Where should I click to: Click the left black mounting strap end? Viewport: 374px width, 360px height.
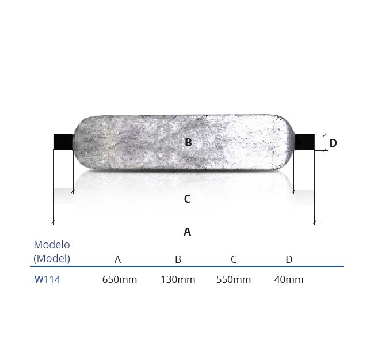(63, 142)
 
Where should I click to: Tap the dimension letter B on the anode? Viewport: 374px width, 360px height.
(188, 143)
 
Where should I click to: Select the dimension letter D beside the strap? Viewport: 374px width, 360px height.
(333, 143)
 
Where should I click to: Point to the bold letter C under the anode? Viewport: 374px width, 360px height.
(187, 199)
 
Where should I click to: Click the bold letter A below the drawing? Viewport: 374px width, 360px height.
(187, 232)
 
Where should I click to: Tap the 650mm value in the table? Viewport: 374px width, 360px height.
(120, 280)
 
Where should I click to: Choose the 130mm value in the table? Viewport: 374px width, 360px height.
(178, 280)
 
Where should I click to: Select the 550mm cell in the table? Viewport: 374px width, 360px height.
(234, 280)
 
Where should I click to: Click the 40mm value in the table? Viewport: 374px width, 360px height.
(289, 280)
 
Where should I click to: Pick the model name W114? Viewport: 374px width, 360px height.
(47, 280)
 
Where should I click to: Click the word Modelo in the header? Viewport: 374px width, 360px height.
(52, 245)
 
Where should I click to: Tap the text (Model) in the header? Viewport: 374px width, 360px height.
(52, 259)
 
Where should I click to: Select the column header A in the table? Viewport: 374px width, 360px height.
(117, 259)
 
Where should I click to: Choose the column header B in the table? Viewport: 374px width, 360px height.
(178, 259)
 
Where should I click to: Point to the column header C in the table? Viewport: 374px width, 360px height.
(234, 259)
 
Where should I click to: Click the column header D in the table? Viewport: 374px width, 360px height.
(289, 259)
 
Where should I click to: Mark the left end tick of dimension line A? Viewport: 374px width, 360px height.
(53, 221)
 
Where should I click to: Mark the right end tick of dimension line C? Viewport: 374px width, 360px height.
(294, 191)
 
